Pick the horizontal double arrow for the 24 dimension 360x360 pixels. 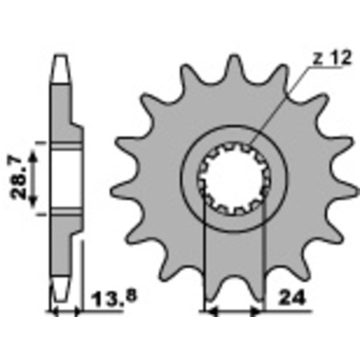[234, 310]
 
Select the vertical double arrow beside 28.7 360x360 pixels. [34, 178]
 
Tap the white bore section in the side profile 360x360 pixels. [65, 178]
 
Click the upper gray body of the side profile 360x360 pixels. [63, 112]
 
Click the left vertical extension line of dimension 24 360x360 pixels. [205, 263]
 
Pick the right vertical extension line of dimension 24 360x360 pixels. [263, 263]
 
